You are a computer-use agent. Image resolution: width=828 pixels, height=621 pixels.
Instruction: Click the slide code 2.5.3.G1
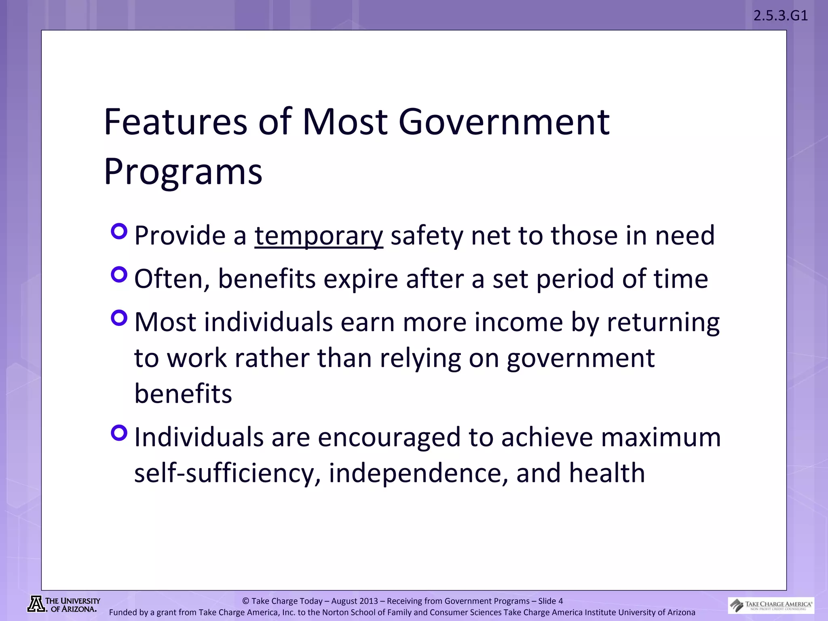pyautogui.click(x=780, y=16)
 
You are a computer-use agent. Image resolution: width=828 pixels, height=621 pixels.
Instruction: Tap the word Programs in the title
pyautogui.click(x=183, y=172)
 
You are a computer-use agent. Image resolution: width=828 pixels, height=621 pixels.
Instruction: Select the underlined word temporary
pyautogui.click(x=319, y=235)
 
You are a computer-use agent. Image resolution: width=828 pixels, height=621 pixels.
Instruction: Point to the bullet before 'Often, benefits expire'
pyautogui.click(x=119, y=275)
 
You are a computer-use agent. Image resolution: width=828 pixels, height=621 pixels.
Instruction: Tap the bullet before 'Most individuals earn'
pyautogui.click(x=119, y=318)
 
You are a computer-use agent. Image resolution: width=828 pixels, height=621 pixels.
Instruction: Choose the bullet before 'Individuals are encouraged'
pyautogui.click(x=119, y=433)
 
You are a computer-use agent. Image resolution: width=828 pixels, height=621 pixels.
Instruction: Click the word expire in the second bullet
pyautogui.click(x=361, y=279)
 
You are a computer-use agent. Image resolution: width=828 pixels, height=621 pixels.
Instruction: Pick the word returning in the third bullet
pyautogui.click(x=663, y=322)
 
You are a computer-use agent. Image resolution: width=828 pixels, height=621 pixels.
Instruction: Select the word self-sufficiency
pyautogui.click(x=224, y=473)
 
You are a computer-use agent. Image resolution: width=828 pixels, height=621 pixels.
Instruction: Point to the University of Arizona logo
pyautogui.click(x=63, y=604)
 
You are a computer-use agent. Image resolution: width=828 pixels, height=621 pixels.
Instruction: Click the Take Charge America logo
pyautogui.click(x=771, y=605)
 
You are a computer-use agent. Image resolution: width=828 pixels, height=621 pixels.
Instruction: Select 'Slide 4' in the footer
pyautogui.click(x=550, y=601)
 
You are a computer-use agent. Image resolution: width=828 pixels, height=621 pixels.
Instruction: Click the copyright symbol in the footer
pyautogui.click(x=245, y=601)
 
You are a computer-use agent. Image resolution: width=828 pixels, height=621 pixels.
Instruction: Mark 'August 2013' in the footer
pyautogui.click(x=355, y=601)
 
